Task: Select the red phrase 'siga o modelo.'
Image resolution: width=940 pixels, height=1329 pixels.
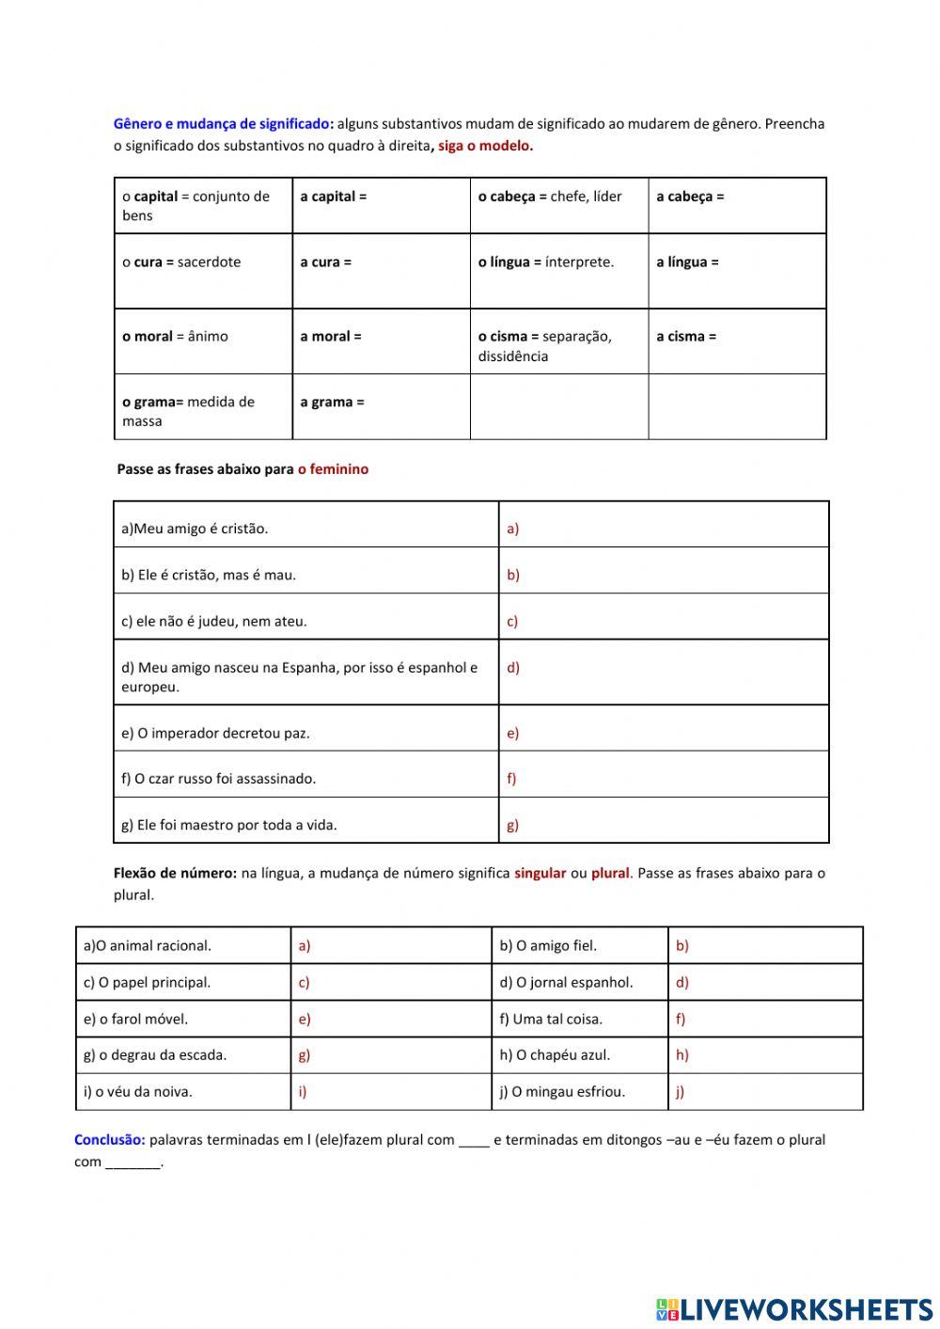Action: tap(485, 146)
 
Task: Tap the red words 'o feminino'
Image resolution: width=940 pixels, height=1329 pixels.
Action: tap(333, 469)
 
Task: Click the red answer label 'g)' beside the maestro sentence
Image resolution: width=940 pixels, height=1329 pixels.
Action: tap(512, 825)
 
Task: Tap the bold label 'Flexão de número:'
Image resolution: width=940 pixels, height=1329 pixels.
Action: tap(175, 873)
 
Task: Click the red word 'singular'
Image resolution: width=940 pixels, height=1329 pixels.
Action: tap(540, 873)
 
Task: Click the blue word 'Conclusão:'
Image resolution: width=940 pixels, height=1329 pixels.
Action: tap(110, 1140)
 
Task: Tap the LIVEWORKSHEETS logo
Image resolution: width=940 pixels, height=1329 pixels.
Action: tap(794, 1308)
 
